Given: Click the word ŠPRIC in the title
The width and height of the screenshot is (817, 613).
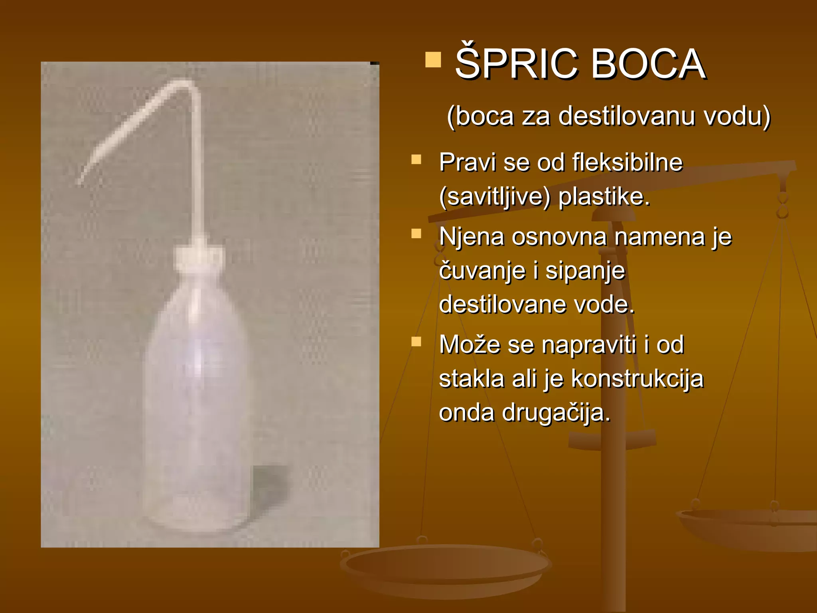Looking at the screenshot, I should pos(517,64).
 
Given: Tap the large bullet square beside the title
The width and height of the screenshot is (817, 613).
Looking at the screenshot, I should pos(433,60).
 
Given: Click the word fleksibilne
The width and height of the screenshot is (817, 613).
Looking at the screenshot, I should pos(627,162).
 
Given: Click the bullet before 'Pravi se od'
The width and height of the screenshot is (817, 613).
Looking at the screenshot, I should pos(416,160).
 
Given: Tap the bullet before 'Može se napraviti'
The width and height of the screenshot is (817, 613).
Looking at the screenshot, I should pos(416,342).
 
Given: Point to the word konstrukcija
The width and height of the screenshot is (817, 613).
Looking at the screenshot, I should pos(637,379).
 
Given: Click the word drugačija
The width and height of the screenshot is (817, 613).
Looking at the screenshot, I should pos(556,413).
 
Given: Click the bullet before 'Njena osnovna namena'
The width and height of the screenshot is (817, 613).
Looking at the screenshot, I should pos(416,234).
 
